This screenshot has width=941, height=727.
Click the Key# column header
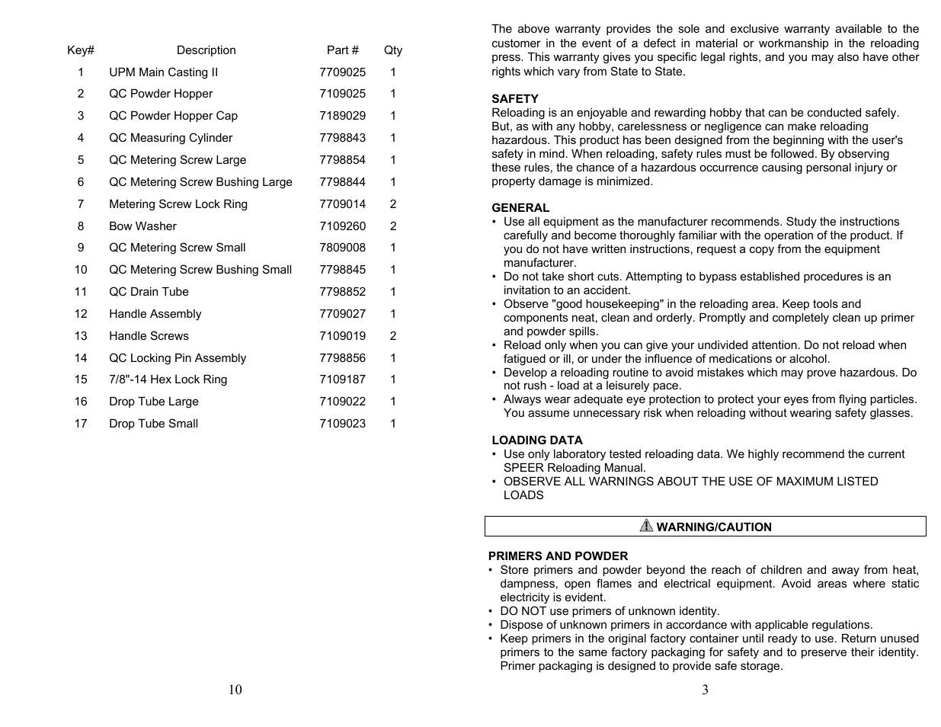[81, 50]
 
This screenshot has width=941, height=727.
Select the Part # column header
[342, 50]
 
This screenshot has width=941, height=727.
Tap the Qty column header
[392, 50]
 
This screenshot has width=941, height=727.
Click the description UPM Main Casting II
[163, 72]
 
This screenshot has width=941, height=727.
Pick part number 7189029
[342, 116]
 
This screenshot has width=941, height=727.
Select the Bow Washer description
[142, 226]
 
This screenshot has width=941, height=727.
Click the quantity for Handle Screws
[393, 336]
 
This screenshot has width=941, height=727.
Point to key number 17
[81, 424]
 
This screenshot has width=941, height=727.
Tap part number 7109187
[342, 380]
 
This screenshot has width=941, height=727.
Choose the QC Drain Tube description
[149, 292]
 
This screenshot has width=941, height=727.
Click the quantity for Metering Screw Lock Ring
[393, 204]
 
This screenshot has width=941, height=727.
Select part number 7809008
[342, 248]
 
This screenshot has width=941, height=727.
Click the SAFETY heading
[515, 99]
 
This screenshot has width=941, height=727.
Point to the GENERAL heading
[520, 208]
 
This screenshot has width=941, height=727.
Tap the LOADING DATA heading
[537, 440]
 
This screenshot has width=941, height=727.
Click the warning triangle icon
[646, 526]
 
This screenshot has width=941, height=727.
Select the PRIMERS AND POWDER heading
[559, 556]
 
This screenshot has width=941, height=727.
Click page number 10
[235, 690]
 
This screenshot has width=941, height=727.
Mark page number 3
[705, 690]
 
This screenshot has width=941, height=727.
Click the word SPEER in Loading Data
[523, 468]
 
